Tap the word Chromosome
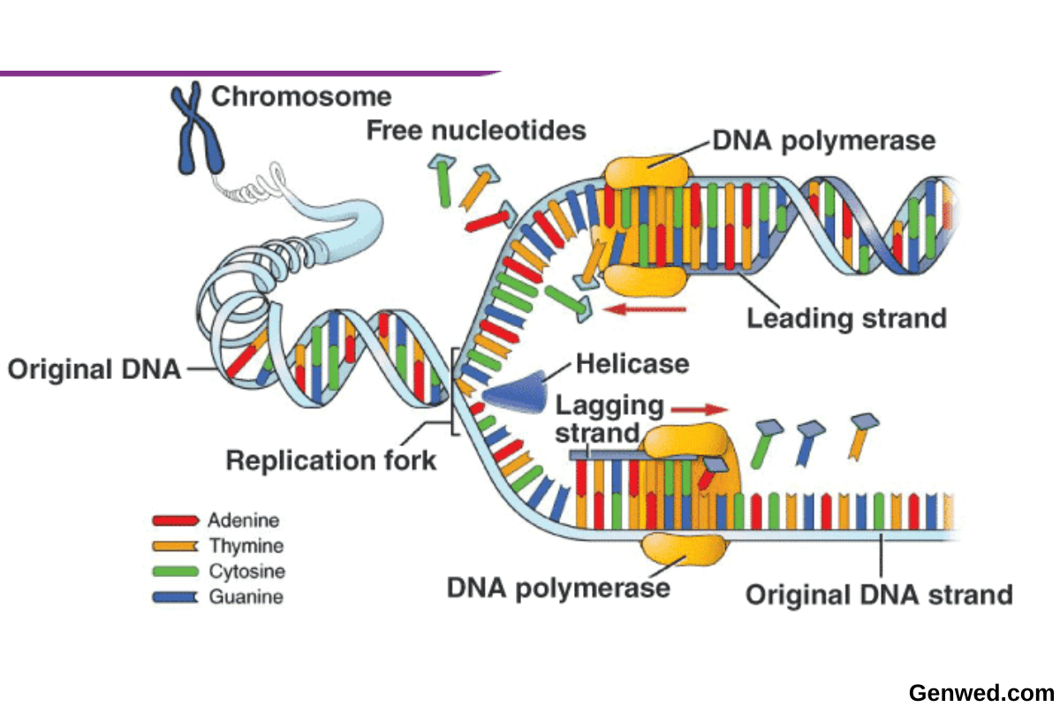coord(301,95)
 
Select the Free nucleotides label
coord(476,131)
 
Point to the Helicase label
coord(632,363)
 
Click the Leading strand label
coord(846,318)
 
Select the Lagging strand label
coord(609,419)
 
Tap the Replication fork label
coord(331,460)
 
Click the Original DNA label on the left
coord(94,369)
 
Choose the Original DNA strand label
coord(879,594)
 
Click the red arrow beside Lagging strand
coord(699,409)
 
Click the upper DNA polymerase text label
coord(823,140)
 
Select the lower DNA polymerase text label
coord(558,588)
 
